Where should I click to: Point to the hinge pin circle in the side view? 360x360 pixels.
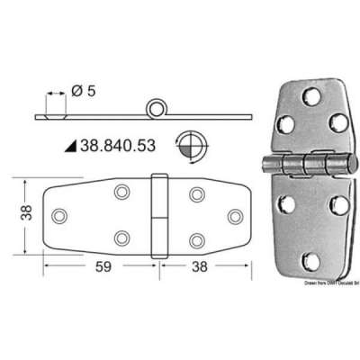click(x=158, y=109)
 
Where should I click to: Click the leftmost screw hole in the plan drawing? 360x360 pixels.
click(x=60, y=216)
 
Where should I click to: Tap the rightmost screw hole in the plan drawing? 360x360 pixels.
click(x=236, y=216)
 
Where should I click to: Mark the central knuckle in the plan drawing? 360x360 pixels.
click(x=159, y=216)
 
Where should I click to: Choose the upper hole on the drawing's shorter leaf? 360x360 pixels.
click(x=195, y=193)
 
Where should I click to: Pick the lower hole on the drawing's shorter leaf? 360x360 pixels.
click(x=195, y=239)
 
